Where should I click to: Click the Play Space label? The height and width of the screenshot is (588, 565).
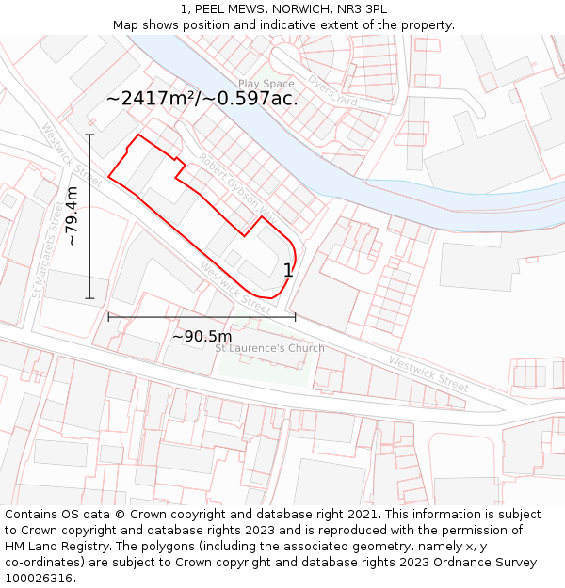coord(266,84)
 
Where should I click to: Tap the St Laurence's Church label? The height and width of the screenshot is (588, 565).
coord(269,348)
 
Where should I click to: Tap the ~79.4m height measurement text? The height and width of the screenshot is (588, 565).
coord(72,216)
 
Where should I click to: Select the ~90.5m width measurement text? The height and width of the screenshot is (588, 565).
coord(202,336)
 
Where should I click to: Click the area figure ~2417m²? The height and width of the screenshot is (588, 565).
coord(151,98)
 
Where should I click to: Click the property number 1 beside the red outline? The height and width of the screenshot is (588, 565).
coord(288,270)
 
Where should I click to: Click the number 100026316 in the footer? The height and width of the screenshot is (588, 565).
coord(39,579)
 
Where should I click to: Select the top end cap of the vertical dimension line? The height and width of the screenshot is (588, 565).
coord(90,135)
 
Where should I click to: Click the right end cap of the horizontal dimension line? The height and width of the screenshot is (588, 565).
coord(295,317)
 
